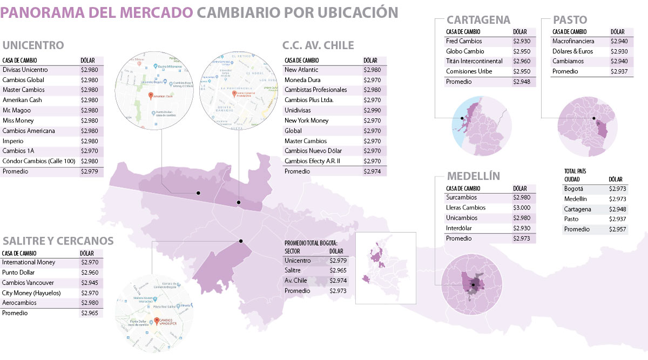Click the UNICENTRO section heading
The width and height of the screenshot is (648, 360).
pos(33,45)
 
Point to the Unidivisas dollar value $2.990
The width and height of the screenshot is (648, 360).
pos(372,110)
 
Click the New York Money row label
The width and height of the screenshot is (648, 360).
pos(306,120)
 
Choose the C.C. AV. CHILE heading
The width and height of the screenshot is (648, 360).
pos(318,45)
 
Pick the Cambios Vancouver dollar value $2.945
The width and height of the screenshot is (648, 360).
pos(90,283)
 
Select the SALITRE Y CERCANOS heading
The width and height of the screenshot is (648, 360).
pos(58,240)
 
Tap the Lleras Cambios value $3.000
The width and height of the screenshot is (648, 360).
pos(522,208)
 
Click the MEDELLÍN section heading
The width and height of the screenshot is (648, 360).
pos(473,176)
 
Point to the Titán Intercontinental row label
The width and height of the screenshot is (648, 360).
pos(474,62)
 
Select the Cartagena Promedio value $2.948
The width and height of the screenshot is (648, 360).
pos(522,82)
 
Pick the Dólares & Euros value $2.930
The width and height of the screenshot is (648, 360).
pos(619,51)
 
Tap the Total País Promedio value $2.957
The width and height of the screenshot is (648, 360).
pos(618,229)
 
